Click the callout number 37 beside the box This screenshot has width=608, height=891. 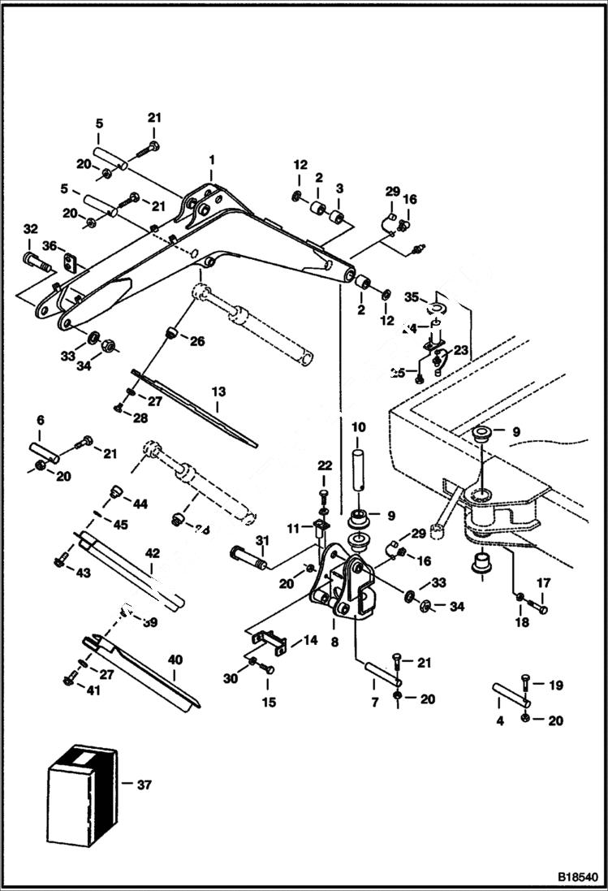[143, 785]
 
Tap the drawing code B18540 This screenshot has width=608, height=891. [576, 878]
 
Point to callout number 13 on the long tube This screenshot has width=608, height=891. [217, 391]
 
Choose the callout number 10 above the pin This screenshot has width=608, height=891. [358, 426]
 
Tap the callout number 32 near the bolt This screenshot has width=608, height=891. [30, 228]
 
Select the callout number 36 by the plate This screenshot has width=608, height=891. [50, 245]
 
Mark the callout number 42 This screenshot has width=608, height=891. [152, 552]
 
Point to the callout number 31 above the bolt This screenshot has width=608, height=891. [261, 541]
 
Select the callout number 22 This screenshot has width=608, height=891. [325, 465]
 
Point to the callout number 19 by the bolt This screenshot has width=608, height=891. [555, 685]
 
